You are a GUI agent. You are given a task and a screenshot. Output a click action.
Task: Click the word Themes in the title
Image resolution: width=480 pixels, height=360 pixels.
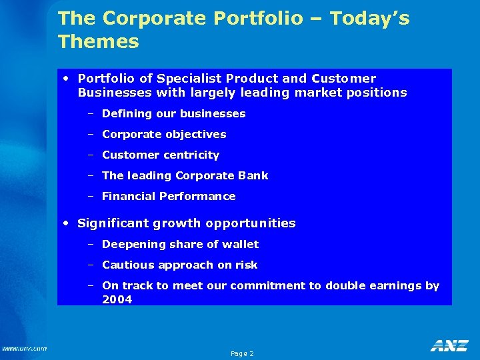coord(98,42)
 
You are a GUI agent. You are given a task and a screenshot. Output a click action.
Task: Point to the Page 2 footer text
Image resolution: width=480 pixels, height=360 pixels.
coord(242,353)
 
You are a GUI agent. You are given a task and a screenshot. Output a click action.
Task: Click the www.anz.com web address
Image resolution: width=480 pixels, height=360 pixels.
coord(24,348)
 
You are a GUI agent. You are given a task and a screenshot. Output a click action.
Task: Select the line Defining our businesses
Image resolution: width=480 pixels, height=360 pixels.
coord(173,114)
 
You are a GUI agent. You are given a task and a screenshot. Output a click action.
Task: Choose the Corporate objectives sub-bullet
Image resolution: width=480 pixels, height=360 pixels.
coord(164,135)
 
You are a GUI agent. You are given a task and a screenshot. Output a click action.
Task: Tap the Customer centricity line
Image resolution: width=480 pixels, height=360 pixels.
coord(160,155)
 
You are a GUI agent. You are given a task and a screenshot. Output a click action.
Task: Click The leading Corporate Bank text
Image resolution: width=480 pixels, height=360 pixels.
coord(185,176)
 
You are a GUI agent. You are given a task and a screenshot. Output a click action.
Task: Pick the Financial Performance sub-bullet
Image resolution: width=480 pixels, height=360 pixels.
coord(169,197)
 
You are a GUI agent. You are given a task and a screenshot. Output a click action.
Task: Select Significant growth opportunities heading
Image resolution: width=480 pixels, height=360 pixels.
coord(186,223)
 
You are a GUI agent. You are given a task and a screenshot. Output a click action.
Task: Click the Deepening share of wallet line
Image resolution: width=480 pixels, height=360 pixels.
coord(180,245)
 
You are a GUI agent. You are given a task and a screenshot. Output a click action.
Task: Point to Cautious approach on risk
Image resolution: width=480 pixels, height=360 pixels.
coord(179,265)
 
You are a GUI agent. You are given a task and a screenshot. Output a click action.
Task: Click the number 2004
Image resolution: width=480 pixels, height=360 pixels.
coord(117,300)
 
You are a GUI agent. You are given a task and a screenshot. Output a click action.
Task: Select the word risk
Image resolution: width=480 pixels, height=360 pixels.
coord(246,265)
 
